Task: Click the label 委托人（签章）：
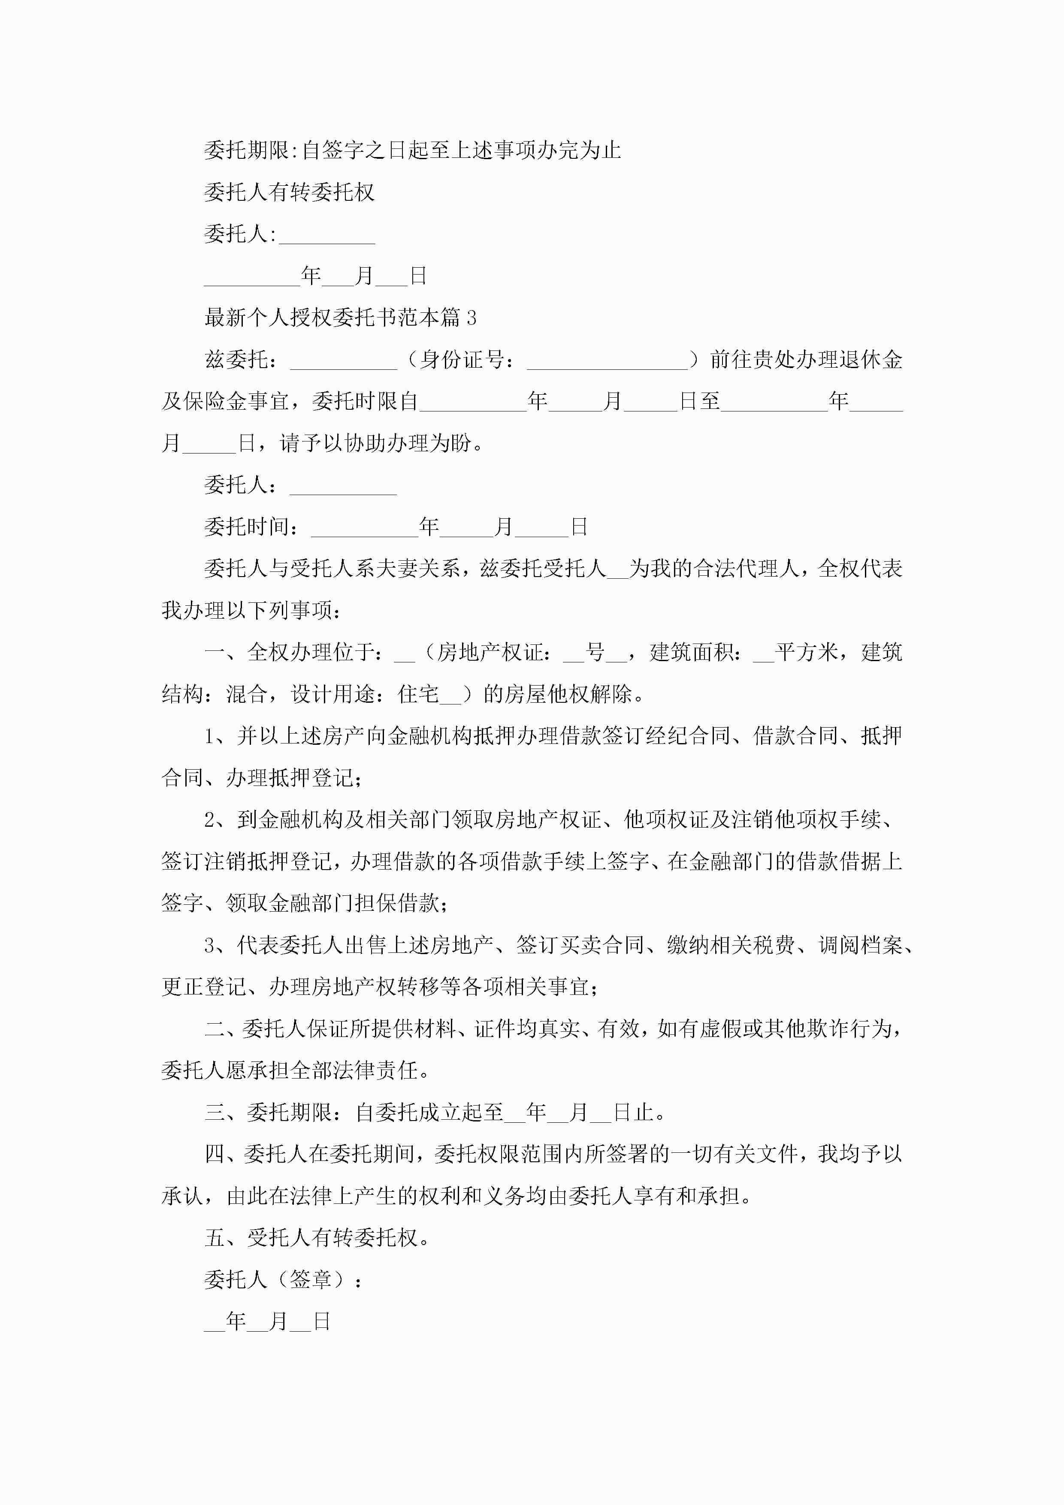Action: [283, 1280]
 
